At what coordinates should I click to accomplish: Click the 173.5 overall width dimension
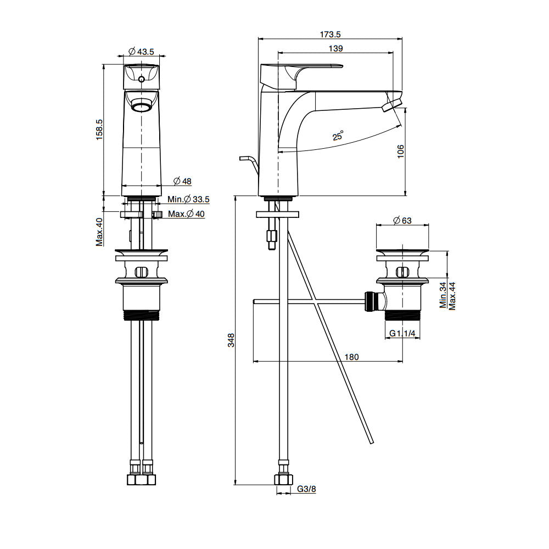pos(329,34)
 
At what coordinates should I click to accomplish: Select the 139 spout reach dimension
pos(336,48)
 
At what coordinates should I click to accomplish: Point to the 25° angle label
pos(338,136)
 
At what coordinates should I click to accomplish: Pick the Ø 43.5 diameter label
pos(141,52)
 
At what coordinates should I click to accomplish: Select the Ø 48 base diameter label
pos(182,181)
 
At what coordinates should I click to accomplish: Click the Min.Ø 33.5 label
pos(189,199)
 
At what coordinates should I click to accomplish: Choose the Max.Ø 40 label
pos(186,214)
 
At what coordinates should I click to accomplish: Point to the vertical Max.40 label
pos(99,232)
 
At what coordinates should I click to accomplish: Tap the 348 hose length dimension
pos(231,340)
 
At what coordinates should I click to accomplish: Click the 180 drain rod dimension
pos(351,357)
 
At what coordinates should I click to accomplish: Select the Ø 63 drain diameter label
pos(402,221)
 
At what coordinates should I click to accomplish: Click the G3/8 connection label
pos(306,489)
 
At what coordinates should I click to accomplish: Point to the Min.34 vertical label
pos(443,295)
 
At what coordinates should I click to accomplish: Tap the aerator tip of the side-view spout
pos(393,103)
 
